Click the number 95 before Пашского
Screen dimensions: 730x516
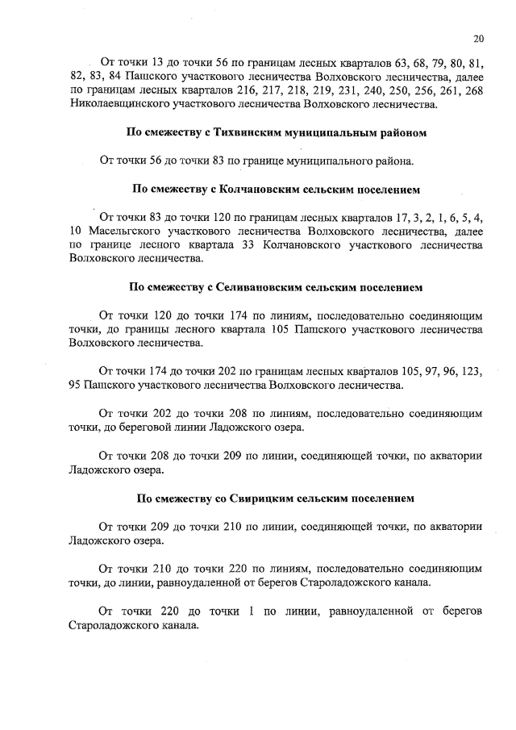click(x=76, y=386)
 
